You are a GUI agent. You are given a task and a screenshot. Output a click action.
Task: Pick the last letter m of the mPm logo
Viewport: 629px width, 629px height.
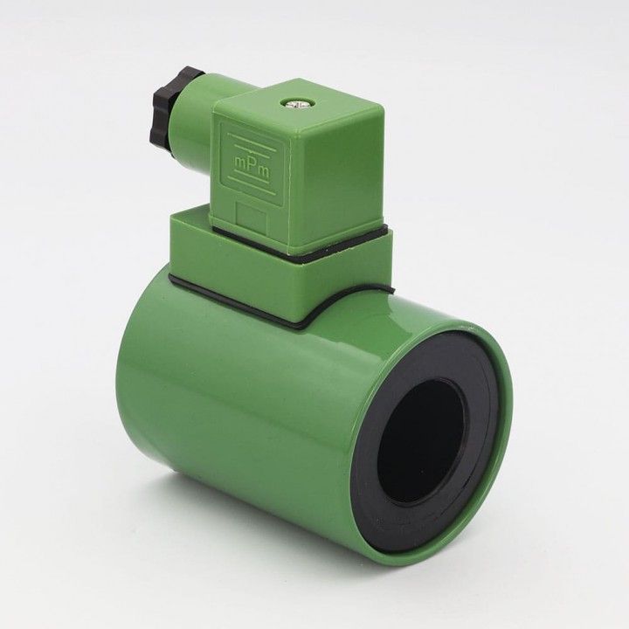coord(265,172)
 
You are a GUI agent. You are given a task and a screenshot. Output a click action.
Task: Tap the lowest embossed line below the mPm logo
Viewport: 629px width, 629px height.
coord(251,187)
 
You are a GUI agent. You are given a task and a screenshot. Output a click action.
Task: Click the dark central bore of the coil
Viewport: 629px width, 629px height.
coord(421,442)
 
